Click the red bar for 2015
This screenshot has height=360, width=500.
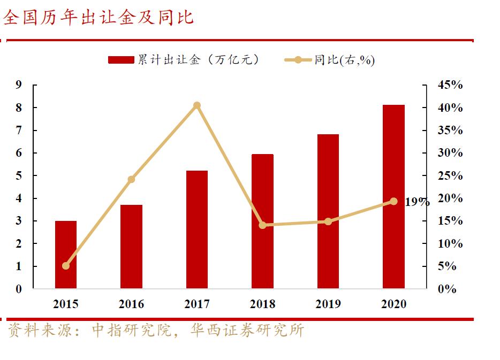(66, 255)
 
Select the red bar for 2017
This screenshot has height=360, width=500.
(197, 229)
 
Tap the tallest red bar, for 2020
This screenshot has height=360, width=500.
(393, 197)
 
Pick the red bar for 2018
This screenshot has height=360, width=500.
(262, 221)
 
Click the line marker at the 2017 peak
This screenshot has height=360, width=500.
(197, 105)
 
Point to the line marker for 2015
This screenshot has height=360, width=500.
(66, 266)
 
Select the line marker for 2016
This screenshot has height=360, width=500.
(131, 179)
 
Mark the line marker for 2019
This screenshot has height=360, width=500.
(328, 221)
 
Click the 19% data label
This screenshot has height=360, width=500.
(416, 202)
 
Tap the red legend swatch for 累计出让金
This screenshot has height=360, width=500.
(121, 60)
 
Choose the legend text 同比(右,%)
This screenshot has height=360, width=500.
(344, 60)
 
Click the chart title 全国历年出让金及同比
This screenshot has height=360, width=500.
(99, 18)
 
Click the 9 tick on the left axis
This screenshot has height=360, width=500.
(19, 85)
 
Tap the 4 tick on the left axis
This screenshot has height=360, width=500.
(19, 198)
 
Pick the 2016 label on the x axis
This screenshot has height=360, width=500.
(131, 304)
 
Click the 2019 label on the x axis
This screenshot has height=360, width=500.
(328, 304)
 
